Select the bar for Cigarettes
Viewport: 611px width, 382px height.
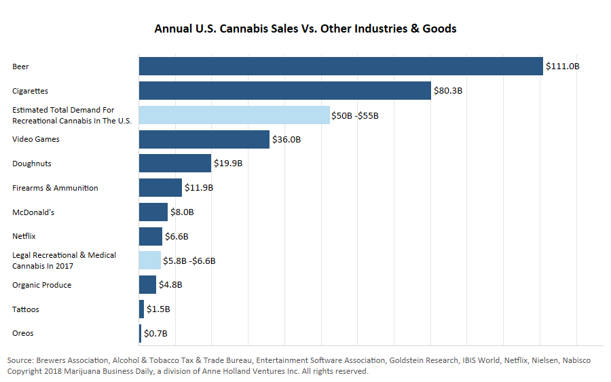285,91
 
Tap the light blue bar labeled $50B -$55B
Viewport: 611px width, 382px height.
234,115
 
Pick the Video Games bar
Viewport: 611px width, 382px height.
204,140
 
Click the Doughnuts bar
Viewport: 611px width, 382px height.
175,164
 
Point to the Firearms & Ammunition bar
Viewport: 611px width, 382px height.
160,188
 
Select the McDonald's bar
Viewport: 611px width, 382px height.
153,212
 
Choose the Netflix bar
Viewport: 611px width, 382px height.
151,236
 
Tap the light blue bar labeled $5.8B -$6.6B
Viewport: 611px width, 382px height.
150,261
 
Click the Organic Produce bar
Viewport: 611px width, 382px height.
147,285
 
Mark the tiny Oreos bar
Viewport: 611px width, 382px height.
141,333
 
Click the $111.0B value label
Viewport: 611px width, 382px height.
563,66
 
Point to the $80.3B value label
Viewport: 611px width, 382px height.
448,91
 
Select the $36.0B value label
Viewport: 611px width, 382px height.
286,140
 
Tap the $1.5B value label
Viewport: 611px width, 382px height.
158,309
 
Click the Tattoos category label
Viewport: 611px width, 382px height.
26,309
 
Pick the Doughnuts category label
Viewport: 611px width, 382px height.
32,164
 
